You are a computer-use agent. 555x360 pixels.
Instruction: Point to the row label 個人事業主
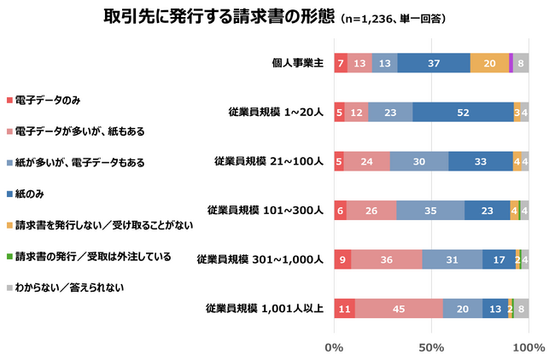click(295, 63)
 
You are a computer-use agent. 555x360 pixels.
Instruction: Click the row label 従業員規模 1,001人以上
click(263, 308)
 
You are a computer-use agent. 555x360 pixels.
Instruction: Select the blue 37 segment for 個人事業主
click(434, 63)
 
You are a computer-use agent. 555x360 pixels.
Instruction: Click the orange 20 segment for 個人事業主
click(489, 63)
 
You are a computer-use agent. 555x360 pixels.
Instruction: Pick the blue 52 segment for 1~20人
click(463, 112)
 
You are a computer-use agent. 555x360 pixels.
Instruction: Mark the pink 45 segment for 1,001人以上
click(399, 308)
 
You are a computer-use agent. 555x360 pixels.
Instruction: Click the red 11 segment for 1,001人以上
click(344, 308)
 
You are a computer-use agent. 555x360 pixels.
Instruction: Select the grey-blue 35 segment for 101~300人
click(430, 210)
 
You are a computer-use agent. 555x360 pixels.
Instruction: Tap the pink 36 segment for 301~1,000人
click(386, 258)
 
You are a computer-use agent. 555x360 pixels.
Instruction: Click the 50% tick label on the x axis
click(431, 346)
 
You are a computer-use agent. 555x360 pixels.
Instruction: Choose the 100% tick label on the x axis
click(529, 346)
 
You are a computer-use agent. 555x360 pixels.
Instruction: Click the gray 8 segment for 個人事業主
click(521, 63)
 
